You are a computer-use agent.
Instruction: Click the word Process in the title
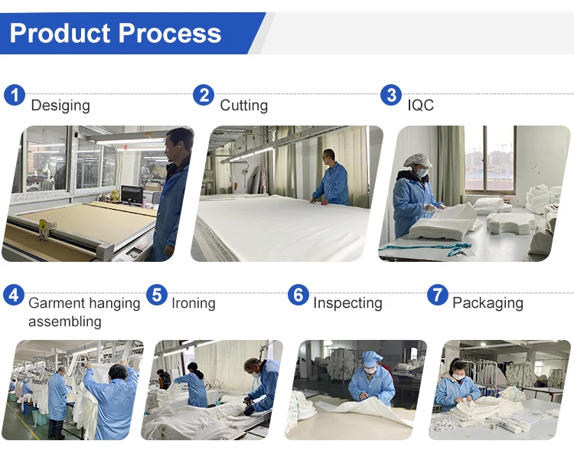(x=170, y=33)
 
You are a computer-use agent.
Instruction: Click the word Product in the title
(x=60, y=33)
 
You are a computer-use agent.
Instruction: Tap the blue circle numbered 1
(x=15, y=95)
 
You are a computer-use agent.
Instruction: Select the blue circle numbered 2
(x=204, y=95)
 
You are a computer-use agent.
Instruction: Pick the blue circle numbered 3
(x=391, y=95)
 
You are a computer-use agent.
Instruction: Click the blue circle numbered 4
(x=14, y=295)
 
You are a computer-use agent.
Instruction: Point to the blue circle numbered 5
(x=157, y=295)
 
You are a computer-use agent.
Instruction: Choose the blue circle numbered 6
(x=298, y=295)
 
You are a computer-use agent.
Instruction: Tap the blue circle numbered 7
(x=438, y=295)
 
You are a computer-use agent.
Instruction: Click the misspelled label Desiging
(x=60, y=106)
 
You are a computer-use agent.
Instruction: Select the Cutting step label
(x=244, y=106)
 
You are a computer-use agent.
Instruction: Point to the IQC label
(x=421, y=106)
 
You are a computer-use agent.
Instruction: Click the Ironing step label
(x=194, y=303)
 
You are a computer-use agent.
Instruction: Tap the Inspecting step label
(x=347, y=303)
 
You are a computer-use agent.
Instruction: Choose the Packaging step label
(x=488, y=303)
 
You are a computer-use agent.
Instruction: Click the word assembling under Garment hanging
(x=65, y=322)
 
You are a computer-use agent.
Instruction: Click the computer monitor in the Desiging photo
(x=132, y=194)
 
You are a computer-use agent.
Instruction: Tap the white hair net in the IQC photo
(x=417, y=160)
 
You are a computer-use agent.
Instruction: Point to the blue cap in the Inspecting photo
(x=371, y=357)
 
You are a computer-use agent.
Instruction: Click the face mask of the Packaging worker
(x=458, y=377)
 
